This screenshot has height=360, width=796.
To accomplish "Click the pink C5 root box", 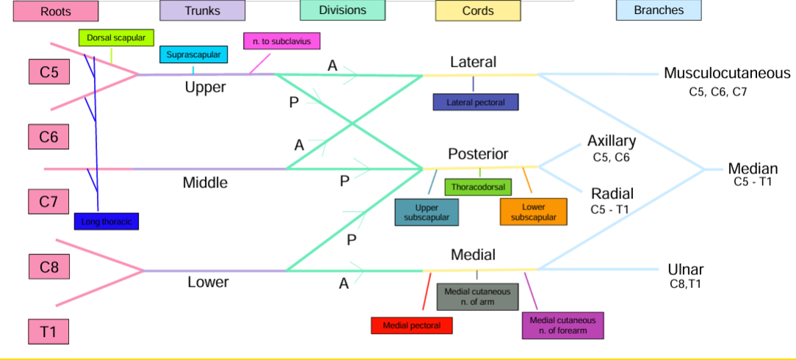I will (49, 73).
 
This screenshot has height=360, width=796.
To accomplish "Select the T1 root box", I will (49, 331).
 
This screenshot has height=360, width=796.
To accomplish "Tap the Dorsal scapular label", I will (116, 37).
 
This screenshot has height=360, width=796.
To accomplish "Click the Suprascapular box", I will (193, 55).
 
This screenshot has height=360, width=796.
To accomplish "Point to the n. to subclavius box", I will (281, 42).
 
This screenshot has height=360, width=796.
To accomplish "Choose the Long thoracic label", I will (106, 220).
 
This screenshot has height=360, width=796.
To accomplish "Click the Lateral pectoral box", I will (476, 102).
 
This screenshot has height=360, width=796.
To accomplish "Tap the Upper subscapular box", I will (427, 212).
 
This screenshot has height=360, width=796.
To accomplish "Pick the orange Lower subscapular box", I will (534, 212).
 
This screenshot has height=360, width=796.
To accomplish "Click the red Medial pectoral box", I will (412, 325).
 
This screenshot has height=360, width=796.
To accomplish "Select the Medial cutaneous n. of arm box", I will (477, 298).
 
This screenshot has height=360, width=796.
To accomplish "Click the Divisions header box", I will (342, 10).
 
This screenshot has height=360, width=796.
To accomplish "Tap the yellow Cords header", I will (477, 11).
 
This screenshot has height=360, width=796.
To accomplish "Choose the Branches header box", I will (658, 10).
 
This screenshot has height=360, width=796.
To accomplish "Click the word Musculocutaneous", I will (726, 73).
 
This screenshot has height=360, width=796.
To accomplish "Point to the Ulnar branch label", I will (686, 269).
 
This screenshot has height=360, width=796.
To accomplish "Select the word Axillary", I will (611, 141).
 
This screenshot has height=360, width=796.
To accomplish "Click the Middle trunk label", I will (205, 183).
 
